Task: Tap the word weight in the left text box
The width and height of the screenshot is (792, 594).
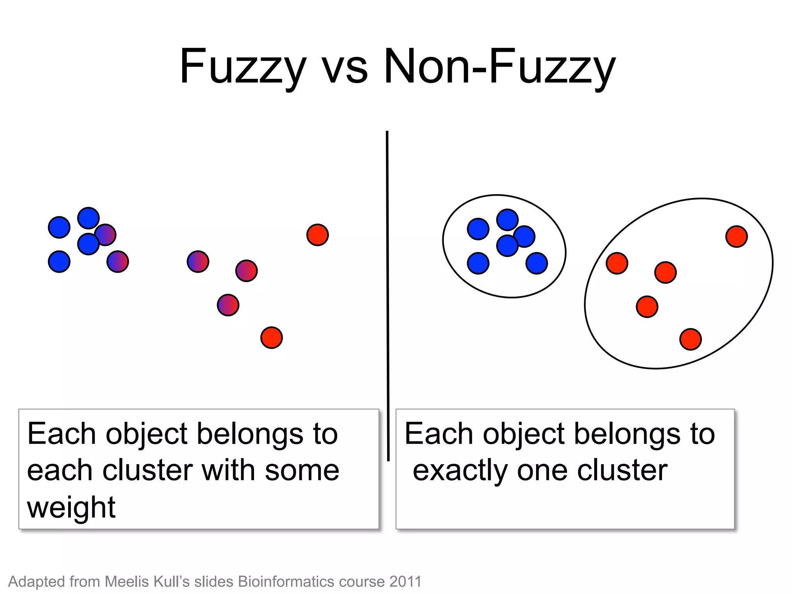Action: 71,508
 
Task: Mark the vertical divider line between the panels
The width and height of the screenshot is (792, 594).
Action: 387,294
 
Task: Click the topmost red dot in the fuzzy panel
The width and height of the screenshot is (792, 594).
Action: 317,235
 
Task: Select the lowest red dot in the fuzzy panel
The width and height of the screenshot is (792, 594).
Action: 271,338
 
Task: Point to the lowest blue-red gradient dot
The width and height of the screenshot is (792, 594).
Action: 228,305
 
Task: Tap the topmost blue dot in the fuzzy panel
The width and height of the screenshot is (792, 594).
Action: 89,218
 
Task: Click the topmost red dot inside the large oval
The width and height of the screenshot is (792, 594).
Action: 737,237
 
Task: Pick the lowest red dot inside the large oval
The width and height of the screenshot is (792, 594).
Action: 691,339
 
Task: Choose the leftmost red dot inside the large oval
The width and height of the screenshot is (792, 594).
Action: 617,263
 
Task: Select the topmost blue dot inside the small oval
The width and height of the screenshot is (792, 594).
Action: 507,220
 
